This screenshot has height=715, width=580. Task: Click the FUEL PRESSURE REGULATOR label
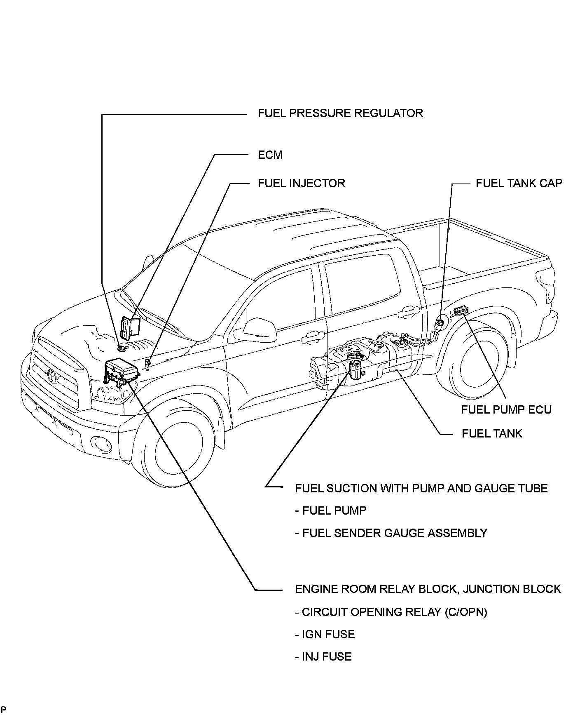click(x=340, y=113)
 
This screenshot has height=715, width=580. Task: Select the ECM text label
click(x=270, y=155)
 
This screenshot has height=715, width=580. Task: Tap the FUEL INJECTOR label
click(x=301, y=183)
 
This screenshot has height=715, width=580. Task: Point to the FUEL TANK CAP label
click(x=519, y=183)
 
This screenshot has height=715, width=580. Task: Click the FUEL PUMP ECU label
click(x=506, y=409)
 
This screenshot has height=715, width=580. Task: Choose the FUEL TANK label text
click(x=492, y=434)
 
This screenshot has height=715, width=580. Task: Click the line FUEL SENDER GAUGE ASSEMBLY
click(x=391, y=533)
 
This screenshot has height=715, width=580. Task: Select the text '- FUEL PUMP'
click(x=330, y=511)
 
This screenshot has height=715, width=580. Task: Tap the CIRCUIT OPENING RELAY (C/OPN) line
click(x=391, y=612)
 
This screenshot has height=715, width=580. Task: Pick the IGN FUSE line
click(x=325, y=634)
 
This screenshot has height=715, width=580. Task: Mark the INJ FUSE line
click(x=323, y=656)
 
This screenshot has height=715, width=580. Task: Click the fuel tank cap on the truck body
click(x=440, y=321)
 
